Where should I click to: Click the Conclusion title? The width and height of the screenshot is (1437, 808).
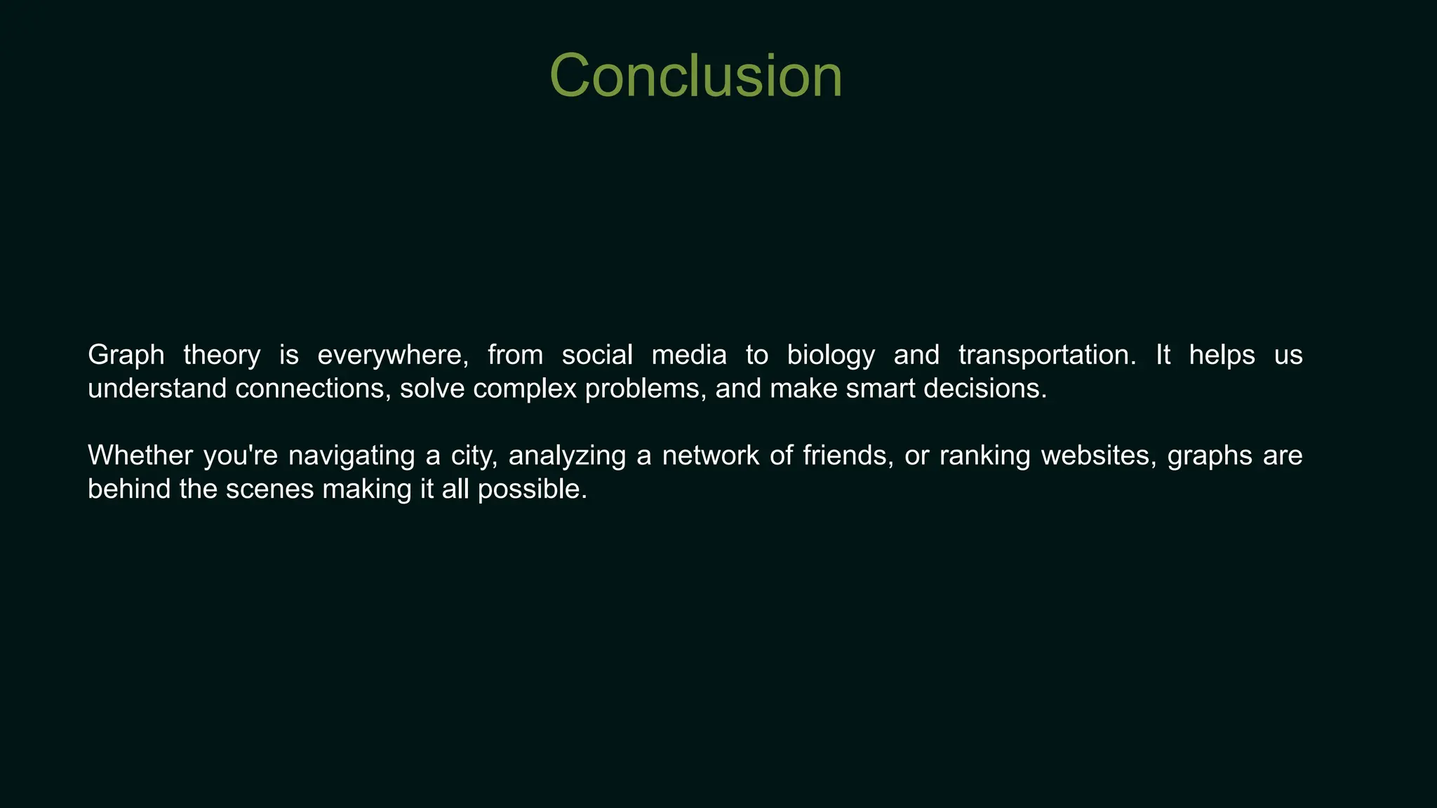tap(695, 76)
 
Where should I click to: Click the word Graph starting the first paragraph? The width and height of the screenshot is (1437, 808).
tap(126, 356)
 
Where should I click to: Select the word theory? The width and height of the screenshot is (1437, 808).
tap(221, 356)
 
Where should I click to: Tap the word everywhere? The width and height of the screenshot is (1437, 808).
tap(392, 356)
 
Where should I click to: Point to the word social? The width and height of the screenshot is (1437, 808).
tap(596, 356)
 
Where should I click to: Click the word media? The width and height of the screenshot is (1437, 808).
tap(688, 356)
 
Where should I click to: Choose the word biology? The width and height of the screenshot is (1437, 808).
tap(831, 356)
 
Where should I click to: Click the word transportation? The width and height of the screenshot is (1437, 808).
tap(1046, 356)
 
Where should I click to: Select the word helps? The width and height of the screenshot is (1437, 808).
tap(1222, 356)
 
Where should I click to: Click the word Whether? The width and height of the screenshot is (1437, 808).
tap(140, 456)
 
